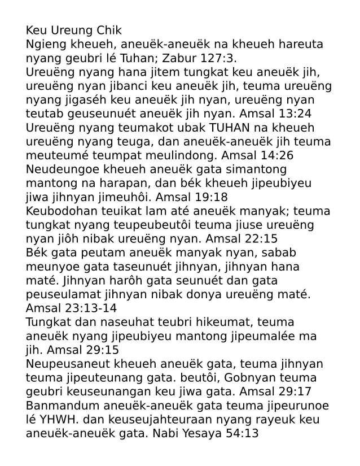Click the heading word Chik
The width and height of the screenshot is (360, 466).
coord(107,30)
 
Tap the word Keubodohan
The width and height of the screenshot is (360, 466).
coord(64,210)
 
